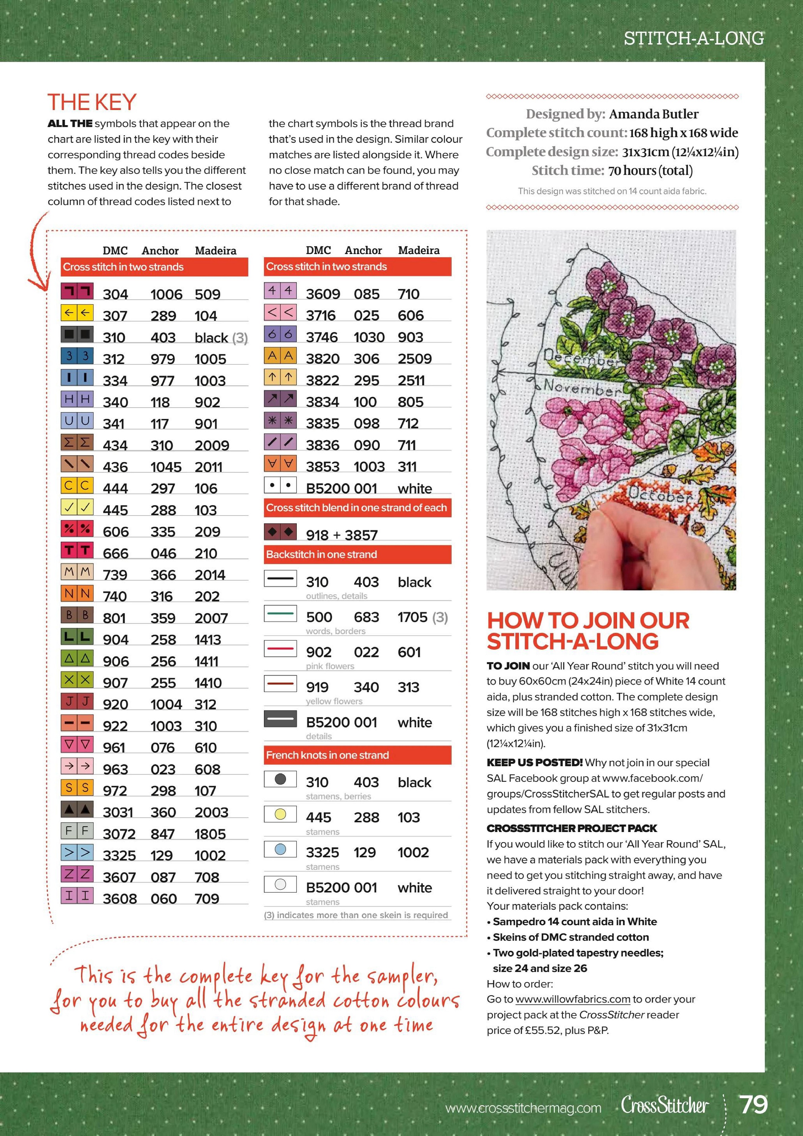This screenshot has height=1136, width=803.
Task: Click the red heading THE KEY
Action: click(x=92, y=103)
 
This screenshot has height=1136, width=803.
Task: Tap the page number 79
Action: click(x=753, y=1105)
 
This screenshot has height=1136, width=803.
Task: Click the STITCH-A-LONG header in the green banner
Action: click(x=694, y=38)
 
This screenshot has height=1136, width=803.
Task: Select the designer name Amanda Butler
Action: click(x=654, y=114)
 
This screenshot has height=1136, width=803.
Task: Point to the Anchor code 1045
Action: click(x=166, y=467)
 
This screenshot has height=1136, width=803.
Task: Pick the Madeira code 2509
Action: click(x=414, y=359)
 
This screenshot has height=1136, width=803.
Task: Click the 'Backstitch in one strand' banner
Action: click(x=357, y=554)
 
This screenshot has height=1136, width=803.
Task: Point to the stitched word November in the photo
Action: click(x=582, y=387)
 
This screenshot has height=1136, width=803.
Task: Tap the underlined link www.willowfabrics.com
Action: click(x=573, y=999)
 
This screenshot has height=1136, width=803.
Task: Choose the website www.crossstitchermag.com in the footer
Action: click(x=523, y=1108)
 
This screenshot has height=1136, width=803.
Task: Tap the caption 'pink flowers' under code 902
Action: click(x=330, y=666)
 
